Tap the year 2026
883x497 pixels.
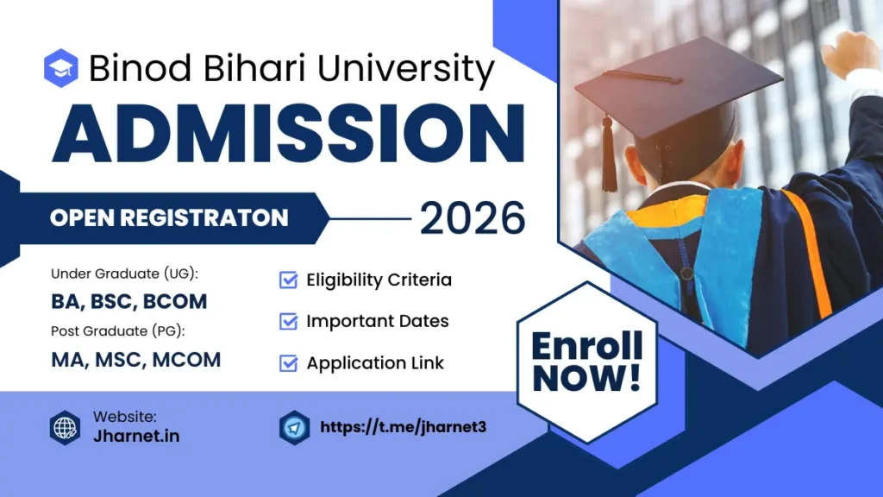(x=472, y=218)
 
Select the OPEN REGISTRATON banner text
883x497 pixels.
(x=169, y=218)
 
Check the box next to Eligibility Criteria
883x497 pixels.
(x=289, y=280)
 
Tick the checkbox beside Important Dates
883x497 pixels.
(x=289, y=321)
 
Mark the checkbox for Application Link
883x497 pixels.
(x=289, y=362)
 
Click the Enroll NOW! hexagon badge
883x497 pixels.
(x=586, y=362)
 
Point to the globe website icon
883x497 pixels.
(x=65, y=427)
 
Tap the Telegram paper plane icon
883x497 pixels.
(x=295, y=427)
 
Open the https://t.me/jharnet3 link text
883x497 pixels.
(x=404, y=427)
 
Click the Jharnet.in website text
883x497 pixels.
(x=136, y=436)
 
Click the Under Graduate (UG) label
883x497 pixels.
(x=125, y=274)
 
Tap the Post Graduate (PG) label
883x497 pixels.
(x=118, y=330)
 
